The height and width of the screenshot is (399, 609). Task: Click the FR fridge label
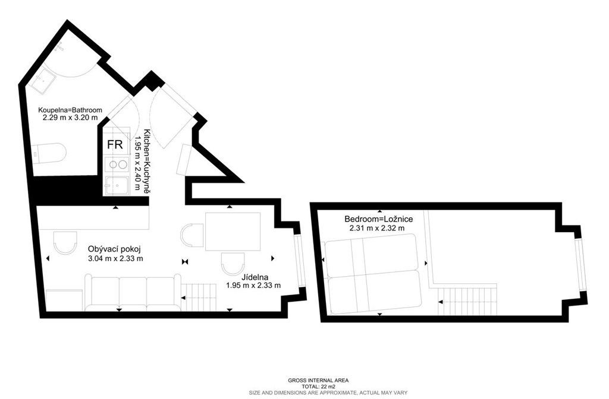(115, 145)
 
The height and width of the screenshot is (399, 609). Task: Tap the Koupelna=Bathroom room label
(70, 110)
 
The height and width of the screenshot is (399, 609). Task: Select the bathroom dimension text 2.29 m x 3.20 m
(70, 118)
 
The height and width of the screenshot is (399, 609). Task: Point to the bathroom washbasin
(43, 80)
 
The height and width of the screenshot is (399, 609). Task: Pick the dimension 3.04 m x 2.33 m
(116, 258)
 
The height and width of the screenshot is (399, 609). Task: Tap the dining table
(233, 232)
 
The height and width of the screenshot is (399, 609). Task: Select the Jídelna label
(255, 277)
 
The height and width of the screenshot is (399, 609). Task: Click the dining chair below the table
(233, 263)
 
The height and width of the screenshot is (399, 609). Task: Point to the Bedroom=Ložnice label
(379, 219)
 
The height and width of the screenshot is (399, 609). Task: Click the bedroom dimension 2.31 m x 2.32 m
(376, 229)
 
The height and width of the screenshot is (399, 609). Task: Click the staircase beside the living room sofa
(199, 297)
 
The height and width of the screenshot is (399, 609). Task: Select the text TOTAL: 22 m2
(318, 387)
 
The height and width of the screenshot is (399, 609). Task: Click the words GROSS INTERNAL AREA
(318, 381)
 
